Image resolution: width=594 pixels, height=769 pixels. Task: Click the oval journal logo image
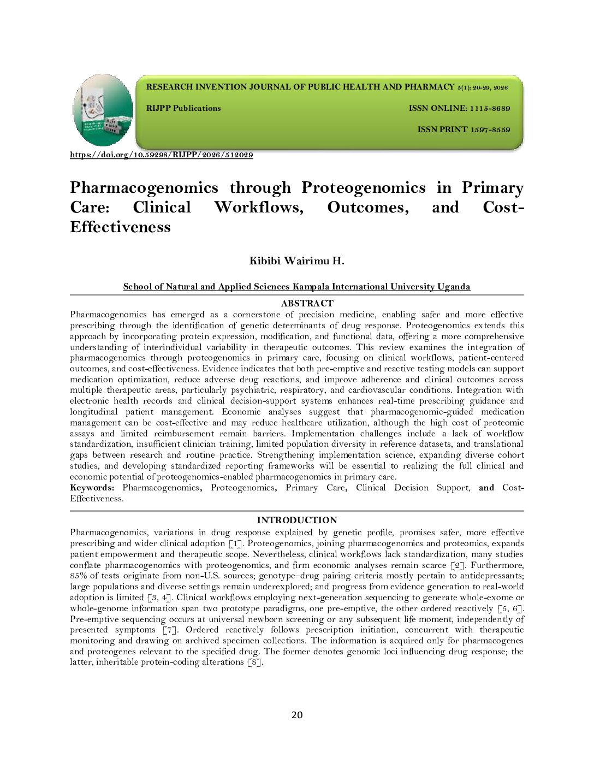click(103, 110)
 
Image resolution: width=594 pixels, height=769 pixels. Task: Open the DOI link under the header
click(162, 155)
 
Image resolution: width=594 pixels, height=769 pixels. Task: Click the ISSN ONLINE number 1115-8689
click(490, 108)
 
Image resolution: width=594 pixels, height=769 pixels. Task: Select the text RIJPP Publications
click(183, 108)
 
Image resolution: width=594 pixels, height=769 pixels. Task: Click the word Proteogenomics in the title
click(363, 188)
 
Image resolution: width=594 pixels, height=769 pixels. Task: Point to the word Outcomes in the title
click(367, 208)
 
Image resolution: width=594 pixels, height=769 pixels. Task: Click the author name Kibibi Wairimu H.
click(296, 261)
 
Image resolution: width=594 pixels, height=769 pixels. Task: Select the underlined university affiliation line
click(296, 287)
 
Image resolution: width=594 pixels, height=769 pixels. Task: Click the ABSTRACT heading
click(307, 303)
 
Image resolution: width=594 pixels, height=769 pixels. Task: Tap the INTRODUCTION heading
click(297, 520)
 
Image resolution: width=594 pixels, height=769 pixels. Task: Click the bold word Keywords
click(92, 488)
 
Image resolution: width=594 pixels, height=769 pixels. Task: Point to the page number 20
click(297, 715)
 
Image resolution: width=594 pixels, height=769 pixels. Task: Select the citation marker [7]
click(170, 630)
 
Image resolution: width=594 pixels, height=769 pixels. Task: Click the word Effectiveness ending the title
click(120, 227)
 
